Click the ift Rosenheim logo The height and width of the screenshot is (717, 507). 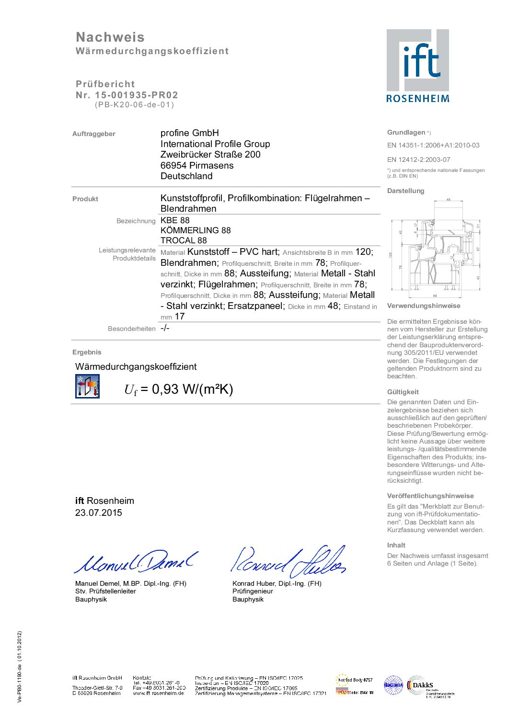[x=418, y=66]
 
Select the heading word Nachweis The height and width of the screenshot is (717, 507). [x=110, y=37]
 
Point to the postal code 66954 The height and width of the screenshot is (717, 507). [x=173, y=165]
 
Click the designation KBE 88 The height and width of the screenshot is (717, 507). [x=175, y=220]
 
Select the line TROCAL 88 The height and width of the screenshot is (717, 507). [x=184, y=240]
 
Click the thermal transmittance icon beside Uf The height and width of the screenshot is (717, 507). [x=87, y=386]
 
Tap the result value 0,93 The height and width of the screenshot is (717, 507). [x=165, y=389]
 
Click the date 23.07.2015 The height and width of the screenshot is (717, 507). [x=99, y=512]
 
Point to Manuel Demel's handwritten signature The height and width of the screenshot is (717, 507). [x=135, y=562]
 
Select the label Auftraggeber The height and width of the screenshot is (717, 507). [x=94, y=134]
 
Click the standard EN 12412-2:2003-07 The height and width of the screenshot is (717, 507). [x=419, y=159]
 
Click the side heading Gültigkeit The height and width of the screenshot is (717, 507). [x=403, y=392]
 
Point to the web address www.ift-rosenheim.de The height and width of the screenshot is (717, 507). [x=158, y=693]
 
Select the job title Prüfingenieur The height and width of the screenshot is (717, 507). [x=253, y=591]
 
